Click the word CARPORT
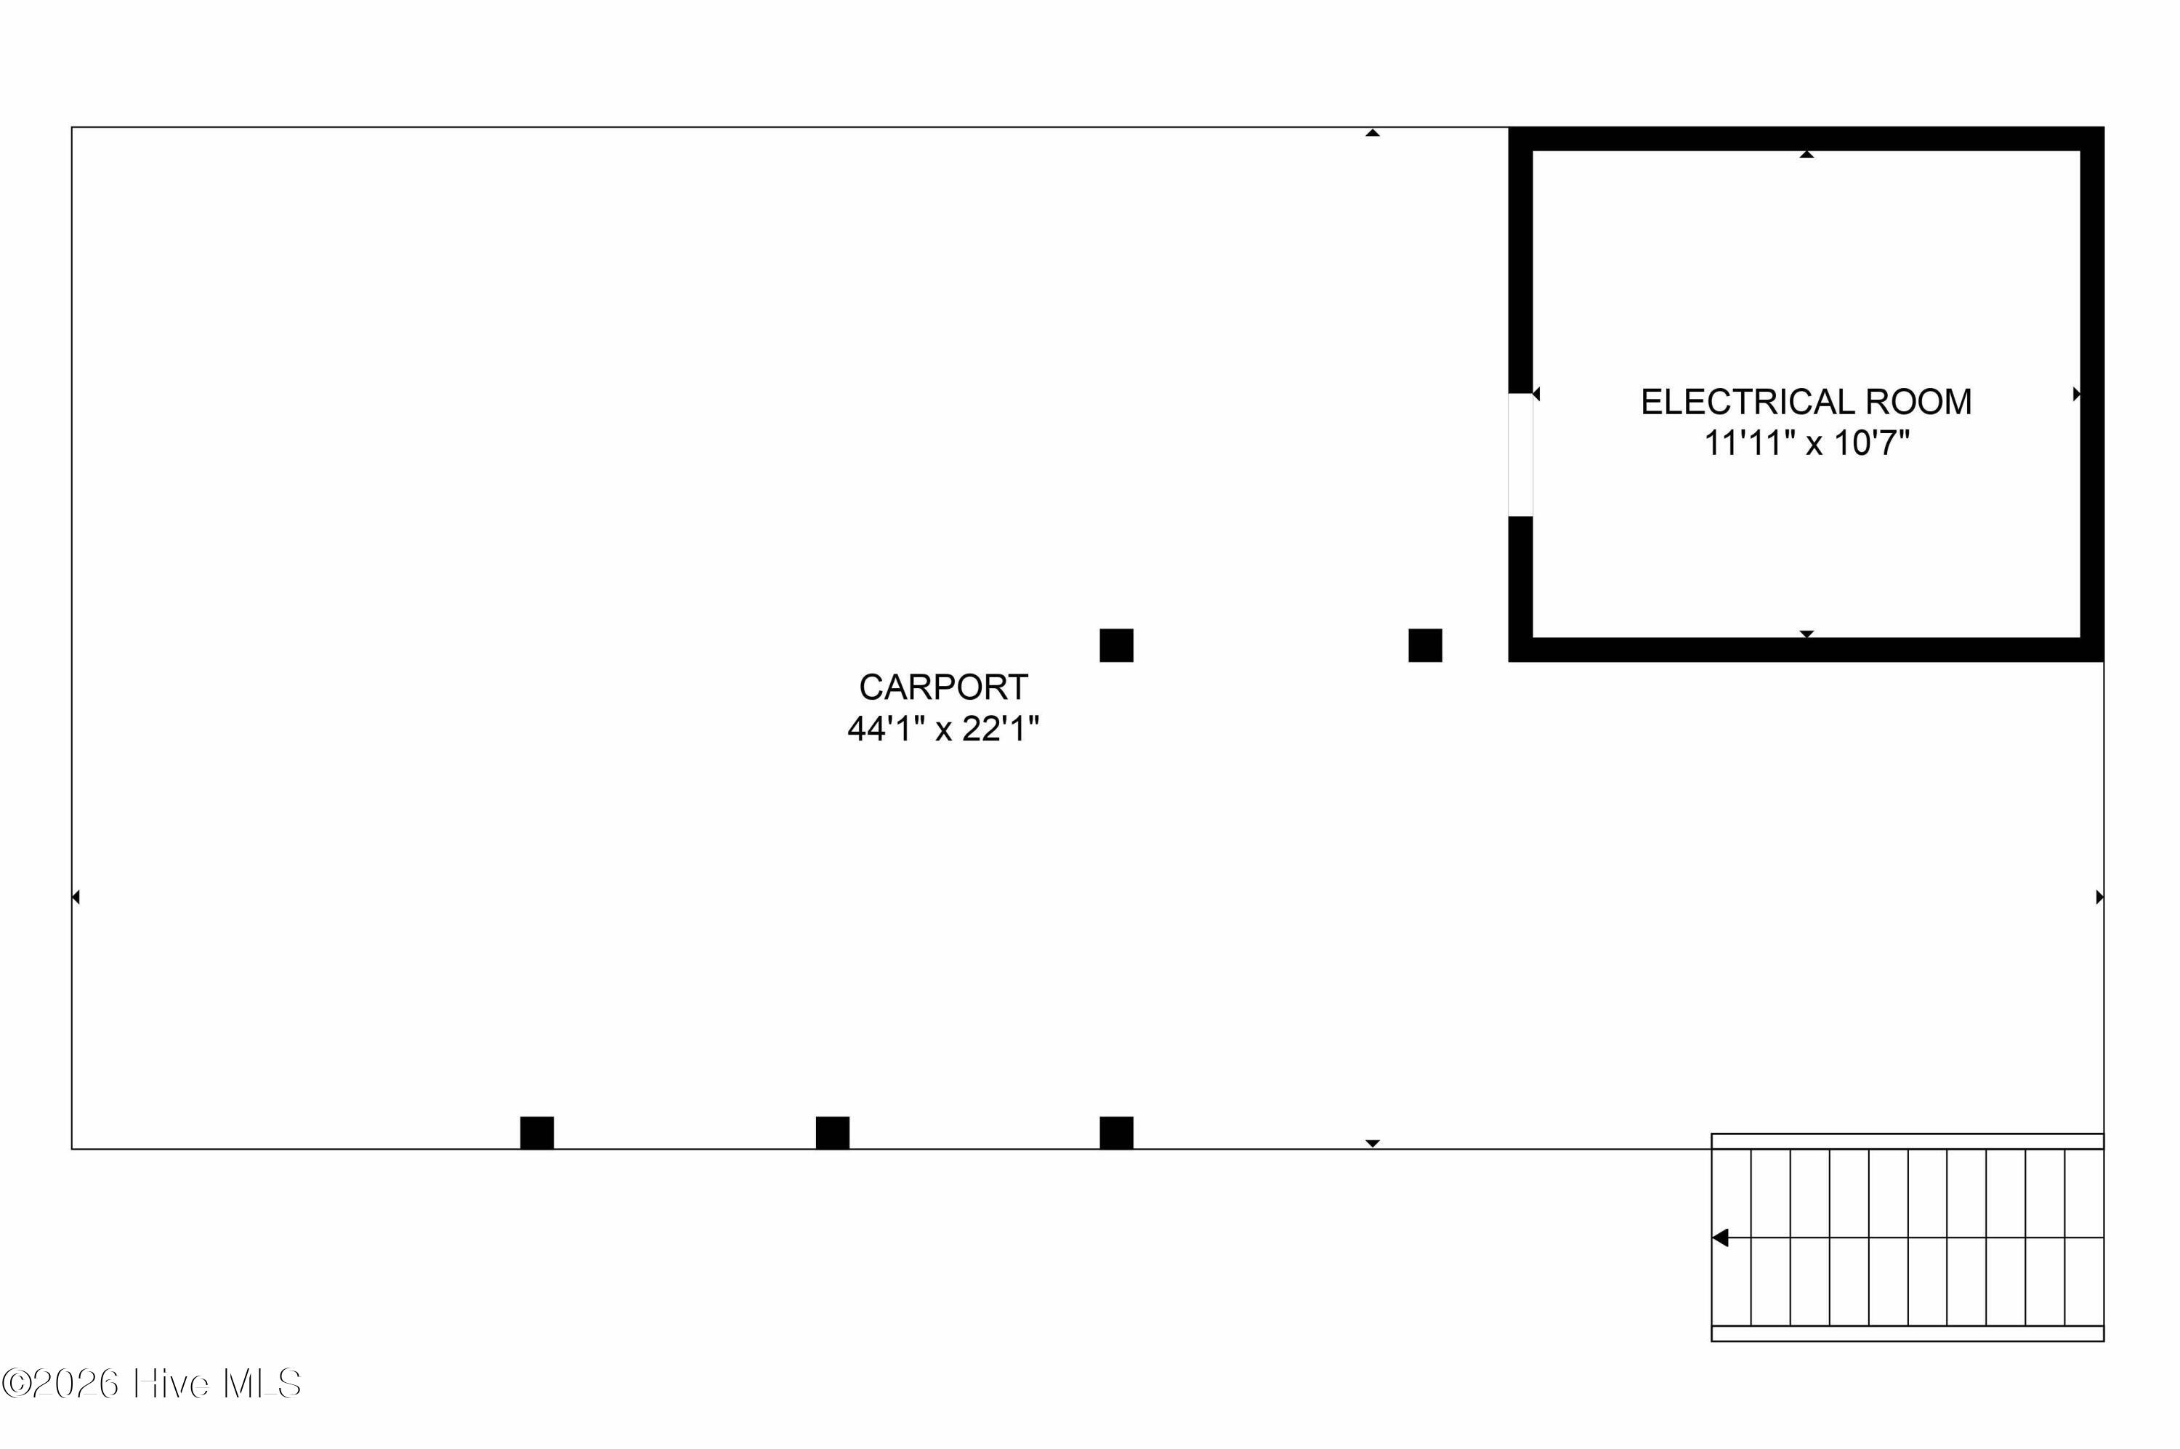942,687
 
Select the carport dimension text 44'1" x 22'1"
942,729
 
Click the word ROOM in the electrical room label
1918,402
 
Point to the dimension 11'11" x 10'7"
1806,443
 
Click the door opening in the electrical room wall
1520,455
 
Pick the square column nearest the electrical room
1424,645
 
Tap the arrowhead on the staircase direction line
1720,1238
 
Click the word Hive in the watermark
170,1384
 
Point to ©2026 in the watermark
61,1384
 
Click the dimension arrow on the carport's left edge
76,897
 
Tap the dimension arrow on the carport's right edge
2099,897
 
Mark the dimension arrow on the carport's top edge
1373,133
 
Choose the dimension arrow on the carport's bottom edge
1373,1143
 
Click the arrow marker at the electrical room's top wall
1806,154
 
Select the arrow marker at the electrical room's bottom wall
1806,634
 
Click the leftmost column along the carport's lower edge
537,1132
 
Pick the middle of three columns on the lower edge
832,1132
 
